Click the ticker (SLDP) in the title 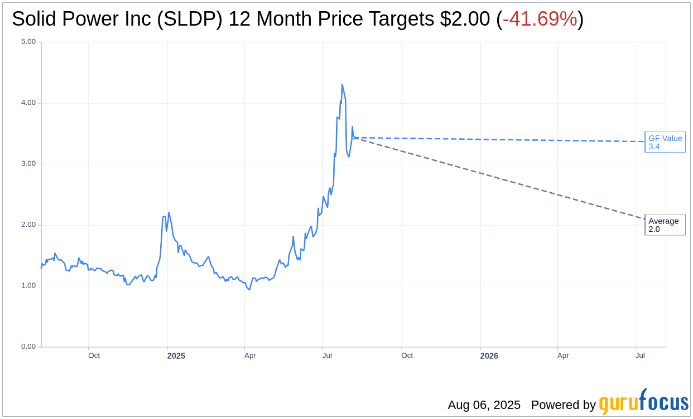pos(189,19)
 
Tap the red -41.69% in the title pos(540,19)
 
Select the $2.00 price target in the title pos(465,19)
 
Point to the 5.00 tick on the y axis pos(28,42)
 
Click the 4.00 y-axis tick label pos(28,103)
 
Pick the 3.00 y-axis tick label pos(28,164)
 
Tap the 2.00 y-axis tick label pos(28,225)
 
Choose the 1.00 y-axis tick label pos(28,286)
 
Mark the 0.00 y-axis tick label pos(28,347)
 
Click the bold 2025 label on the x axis pos(176,355)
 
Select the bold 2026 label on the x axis pos(489,355)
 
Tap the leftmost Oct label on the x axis pos(94,355)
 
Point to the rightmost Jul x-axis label pos(640,355)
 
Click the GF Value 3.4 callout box pos(665,142)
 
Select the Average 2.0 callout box pos(665,225)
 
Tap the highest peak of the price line pos(342,85)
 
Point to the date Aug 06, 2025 pos(484,405)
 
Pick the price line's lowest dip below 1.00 pos(249,290)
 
